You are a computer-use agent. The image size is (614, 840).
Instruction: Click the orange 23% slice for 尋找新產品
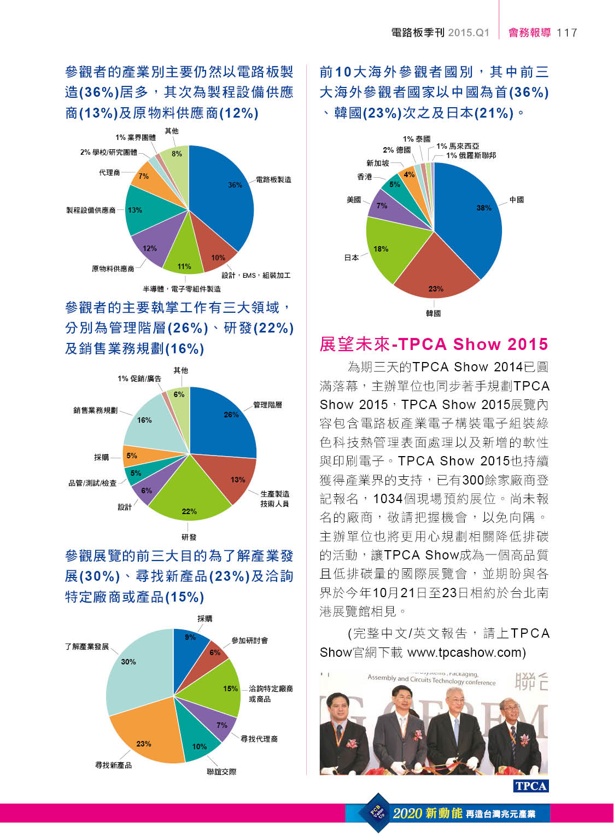coord(148,733)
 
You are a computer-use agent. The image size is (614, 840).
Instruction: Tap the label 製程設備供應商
coord(91,211)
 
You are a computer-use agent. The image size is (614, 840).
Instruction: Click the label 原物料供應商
coord(113,269)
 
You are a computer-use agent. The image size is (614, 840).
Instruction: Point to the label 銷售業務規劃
coord(95,410)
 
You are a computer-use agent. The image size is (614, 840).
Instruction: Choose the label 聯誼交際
coord(221,772)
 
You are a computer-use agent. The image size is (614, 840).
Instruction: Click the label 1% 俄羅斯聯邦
coord(471,155)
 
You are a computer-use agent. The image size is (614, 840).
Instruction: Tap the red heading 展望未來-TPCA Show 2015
coord(434,344)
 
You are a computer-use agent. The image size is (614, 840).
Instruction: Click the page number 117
coord(567,33)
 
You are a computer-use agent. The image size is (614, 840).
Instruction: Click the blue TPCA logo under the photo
coord(530,786)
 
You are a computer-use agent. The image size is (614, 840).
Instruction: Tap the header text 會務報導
coord(529,33)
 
